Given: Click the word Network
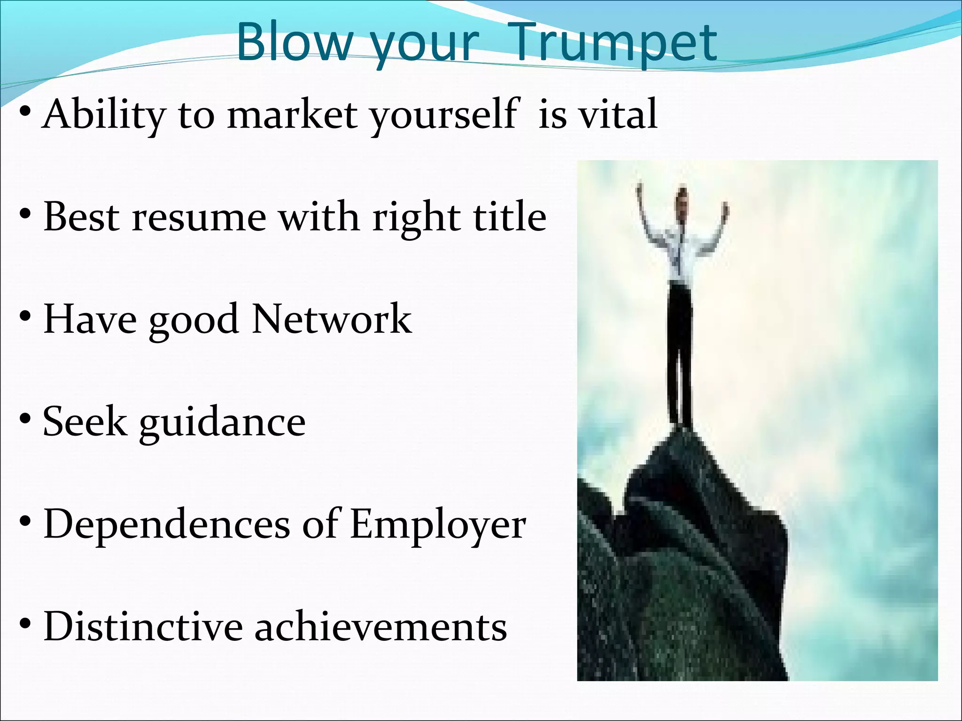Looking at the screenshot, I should pyautogui.click(x=332, y=319).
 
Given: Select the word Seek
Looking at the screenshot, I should pyautogui.click(x=85, y=422).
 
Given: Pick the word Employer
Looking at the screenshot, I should pyautogui.click(x=438, y=525).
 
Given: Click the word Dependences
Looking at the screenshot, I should pyautogui.click(x=167, y=524).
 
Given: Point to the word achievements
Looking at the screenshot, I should pyautogui.click(x=380, y=627).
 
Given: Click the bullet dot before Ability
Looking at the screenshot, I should pyautogui.click(x=26, y=113).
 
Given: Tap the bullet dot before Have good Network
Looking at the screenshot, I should pyautogui.click(x=26, y=318).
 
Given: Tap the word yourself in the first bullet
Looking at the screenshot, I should pyautogui.click(x=444, y=115).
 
